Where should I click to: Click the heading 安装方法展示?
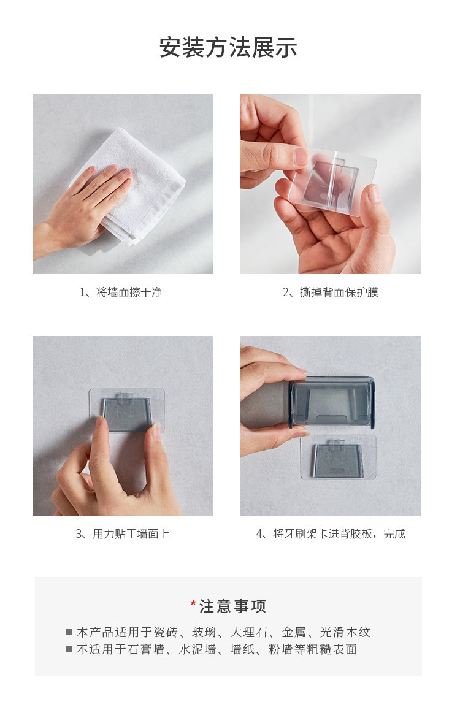pyautogui.click(x=228, y=48)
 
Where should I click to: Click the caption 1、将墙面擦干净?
pyautogui.click(x=121, y=292)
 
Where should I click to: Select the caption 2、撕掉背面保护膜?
pyautogui.click(x=331, y=292)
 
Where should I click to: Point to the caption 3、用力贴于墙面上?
pyautogui.click(x=122, y=534)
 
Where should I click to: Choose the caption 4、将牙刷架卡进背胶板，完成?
pyautogui.click(x=331, y=534)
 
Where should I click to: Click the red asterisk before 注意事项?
pyautogui.click(x=193, y=603)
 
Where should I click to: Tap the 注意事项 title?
pyautogui.click(x=232, y=606)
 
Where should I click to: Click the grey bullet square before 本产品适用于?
pyautogui.click(x=69, y=632)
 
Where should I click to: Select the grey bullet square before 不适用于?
pyautogui.click(x=69, y=649)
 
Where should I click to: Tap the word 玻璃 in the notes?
pyautogui.click(x=204, y=632)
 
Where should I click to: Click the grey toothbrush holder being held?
pyautogui.click(x=332, y=403)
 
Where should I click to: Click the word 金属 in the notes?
pyautogui.click(x=294, y=632)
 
